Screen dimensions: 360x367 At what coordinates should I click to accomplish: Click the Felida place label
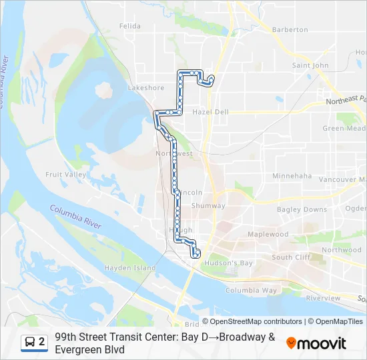(x=130, y=26)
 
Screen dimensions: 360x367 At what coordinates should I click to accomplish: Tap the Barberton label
(x=290, y=29)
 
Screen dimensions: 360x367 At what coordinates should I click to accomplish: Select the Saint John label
(x=310, y=65)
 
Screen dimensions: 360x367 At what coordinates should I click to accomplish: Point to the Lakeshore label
(x=145, y=87)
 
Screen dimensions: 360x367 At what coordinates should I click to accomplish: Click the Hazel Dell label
(x=210, y=112)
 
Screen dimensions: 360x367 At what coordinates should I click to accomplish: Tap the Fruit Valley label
(x=66, y=175)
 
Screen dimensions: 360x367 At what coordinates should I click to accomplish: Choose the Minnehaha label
(x=292, y=176)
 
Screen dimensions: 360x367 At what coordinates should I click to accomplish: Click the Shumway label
(x=209, y=206)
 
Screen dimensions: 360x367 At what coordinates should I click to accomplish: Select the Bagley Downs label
(x=302, y=209)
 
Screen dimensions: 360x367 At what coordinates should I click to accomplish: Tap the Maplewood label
(x=268, y=235)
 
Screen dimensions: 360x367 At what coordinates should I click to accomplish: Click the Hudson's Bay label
(x=228, y=263)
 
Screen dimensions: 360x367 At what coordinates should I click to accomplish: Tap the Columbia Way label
(x=251, y=291)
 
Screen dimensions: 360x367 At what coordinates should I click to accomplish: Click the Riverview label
(x=323, y=298)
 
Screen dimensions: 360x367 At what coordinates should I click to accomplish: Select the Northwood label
(x=341, y=250)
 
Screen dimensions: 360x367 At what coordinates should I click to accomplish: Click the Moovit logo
(x=316, y=343)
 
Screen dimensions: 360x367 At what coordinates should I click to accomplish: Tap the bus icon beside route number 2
(x=30, y=342)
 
